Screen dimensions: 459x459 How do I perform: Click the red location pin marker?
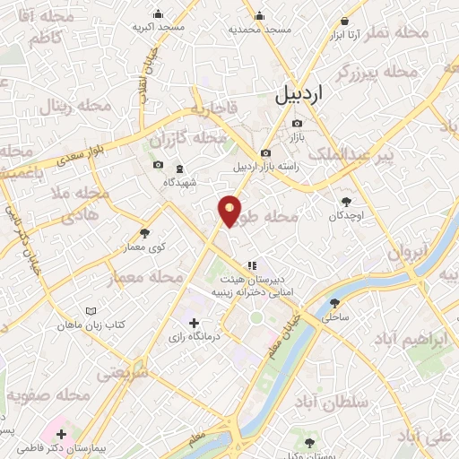pos(230,210)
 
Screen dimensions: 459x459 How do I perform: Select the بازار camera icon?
pos(298,124)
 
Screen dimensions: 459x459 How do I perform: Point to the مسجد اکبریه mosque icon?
pos(159,13)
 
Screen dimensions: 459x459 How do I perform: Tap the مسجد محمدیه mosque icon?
pos(259,15)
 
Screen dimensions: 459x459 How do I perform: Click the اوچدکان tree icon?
pos(347,202)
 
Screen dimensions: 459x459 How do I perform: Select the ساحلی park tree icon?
pos(335,303)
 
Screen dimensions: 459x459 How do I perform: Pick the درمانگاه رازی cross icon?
pos(195,323)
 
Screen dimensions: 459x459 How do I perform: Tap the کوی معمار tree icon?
pos(144,233)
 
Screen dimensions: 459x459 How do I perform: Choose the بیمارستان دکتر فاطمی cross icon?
pos(61,434)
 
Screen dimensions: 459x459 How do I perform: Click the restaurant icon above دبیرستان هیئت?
pos(253,265)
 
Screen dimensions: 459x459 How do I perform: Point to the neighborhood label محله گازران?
pos(188,139)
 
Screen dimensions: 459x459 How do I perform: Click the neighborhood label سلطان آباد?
pos(368,403)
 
